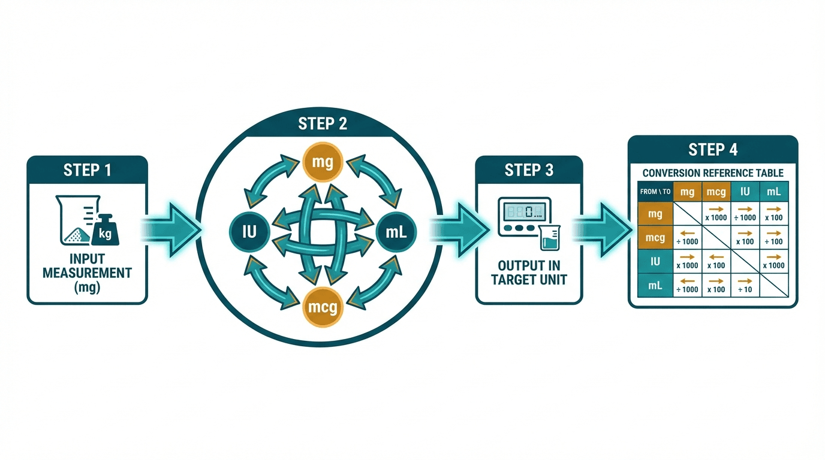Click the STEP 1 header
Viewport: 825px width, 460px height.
point(87,170)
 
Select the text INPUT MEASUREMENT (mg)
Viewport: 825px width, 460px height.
point(87,273)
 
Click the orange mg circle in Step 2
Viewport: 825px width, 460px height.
point(323,161)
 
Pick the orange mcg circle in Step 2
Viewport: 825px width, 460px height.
point(323,307)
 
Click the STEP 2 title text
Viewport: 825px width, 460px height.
point(323,124)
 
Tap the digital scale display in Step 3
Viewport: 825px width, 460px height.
point(523,211)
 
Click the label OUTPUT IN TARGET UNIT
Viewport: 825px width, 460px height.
point(529,273)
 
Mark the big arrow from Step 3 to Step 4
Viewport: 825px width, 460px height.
point(603,229)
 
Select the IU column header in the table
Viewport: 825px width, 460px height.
point(745,192)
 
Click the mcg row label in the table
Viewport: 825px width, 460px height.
point(655,238)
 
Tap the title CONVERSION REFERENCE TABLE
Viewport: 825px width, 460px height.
point(713,173)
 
